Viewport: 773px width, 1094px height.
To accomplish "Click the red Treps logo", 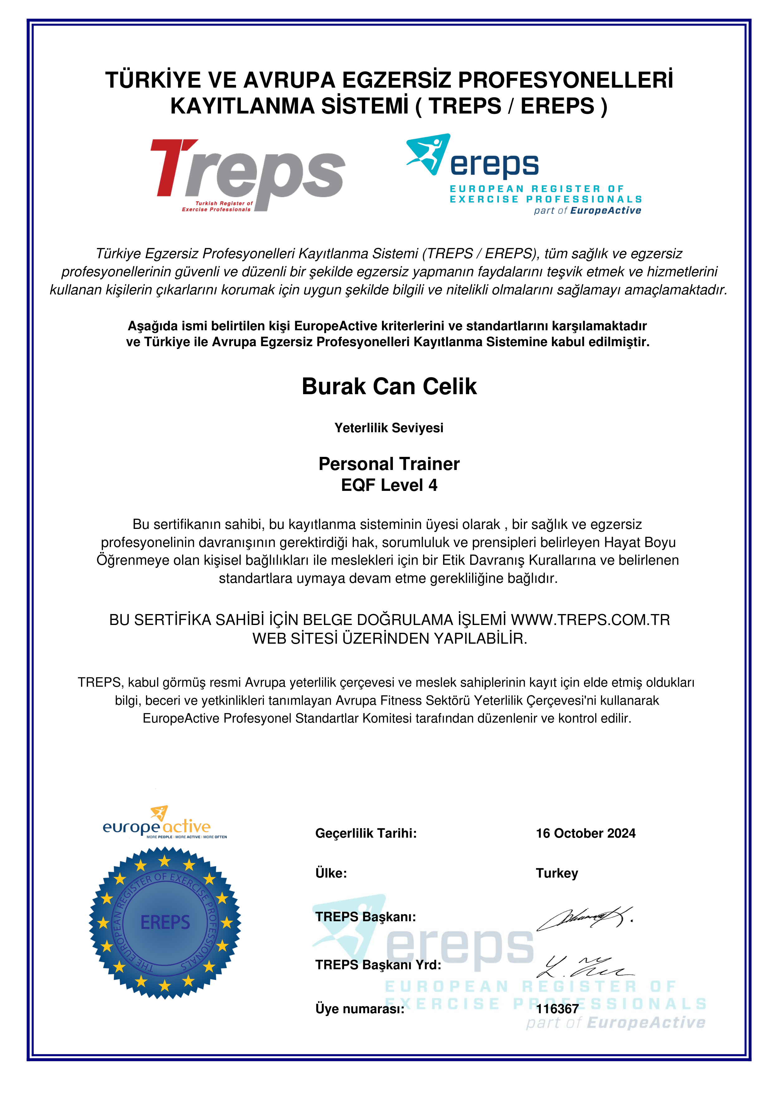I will click(248, 174).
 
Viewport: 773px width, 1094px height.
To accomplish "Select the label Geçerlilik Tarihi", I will click(366, 833).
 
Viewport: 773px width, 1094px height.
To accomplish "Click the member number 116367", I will click(557, 1009).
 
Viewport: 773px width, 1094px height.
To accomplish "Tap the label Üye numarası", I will click(360, 1009).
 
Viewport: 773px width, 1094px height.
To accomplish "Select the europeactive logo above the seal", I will click(162, 823).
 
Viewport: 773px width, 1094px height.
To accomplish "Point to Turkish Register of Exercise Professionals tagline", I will click(218, 206).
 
